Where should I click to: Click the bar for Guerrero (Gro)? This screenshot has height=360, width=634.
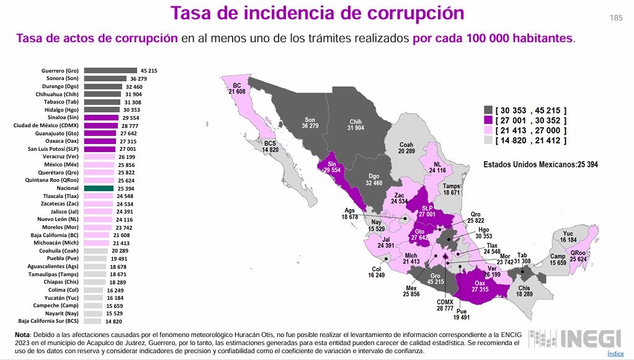coord(110,71)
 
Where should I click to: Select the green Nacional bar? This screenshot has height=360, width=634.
coord(99,188)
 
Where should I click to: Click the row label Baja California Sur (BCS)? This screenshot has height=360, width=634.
coord(48,321)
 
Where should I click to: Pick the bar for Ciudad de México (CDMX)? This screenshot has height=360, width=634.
coord(100,125)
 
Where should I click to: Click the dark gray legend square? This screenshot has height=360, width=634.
coord(489,109)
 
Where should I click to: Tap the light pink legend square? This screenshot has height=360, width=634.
coord(489,130)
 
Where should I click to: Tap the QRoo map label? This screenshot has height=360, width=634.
coord(578,256)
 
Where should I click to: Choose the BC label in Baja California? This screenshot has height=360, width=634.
coord(237,88)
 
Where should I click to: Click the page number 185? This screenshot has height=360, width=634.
coord(616,18)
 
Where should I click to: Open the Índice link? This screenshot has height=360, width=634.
coord(615,353)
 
